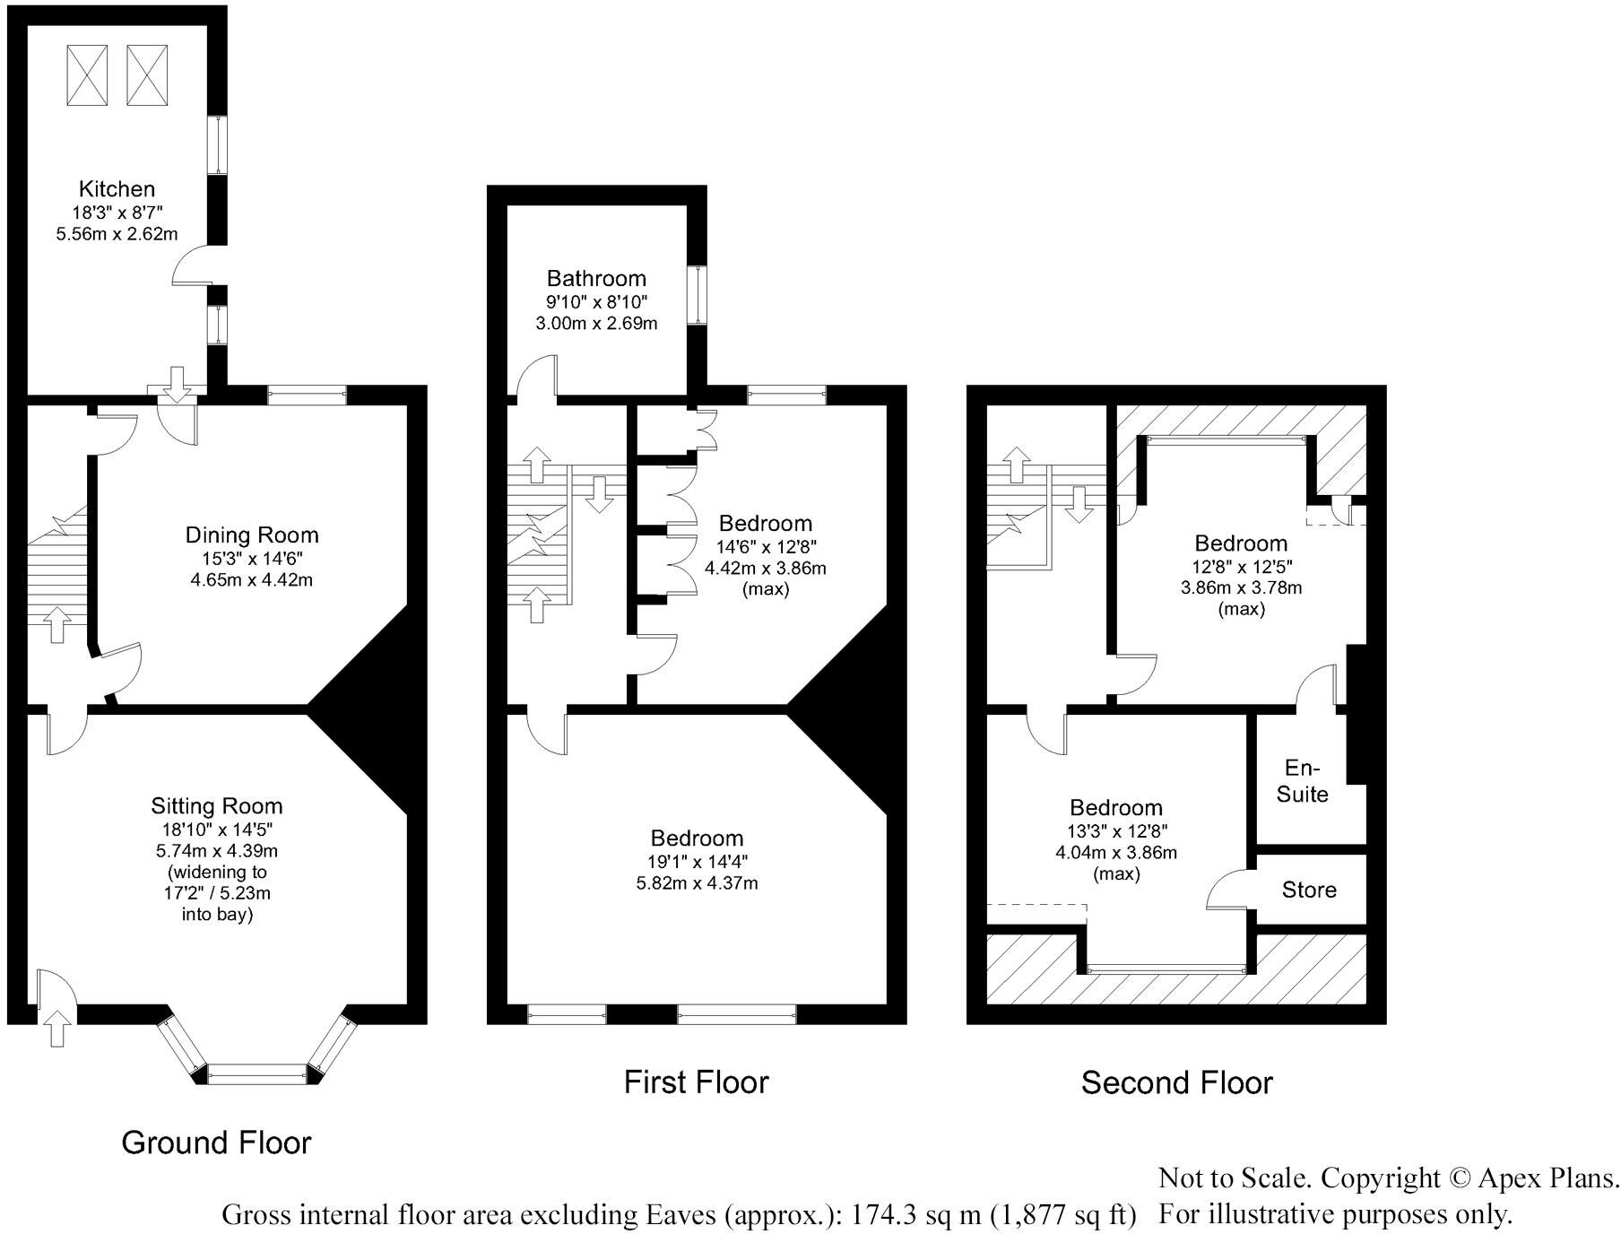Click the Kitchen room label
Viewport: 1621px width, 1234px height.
coord(117,189)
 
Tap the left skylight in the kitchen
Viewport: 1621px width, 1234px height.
coord(88,74)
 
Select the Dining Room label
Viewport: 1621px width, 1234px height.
coord(252,535)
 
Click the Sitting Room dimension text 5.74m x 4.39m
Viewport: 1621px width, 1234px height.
coord(216,849)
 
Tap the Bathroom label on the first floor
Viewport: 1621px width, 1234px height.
coord(596,278)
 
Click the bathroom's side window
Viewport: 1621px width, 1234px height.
coord(697,294)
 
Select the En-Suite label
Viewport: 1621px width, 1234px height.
coord(1302,781)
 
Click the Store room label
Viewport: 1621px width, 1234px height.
coord(1308,890)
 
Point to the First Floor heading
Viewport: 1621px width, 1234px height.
coord(696,1082)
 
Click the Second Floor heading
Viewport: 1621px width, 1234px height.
coord(1176,1083)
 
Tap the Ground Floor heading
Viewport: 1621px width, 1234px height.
coord(216,1143)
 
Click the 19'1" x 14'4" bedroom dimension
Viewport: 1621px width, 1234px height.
coord(697,861)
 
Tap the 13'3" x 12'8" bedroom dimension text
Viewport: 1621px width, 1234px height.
coord(1115,830)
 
